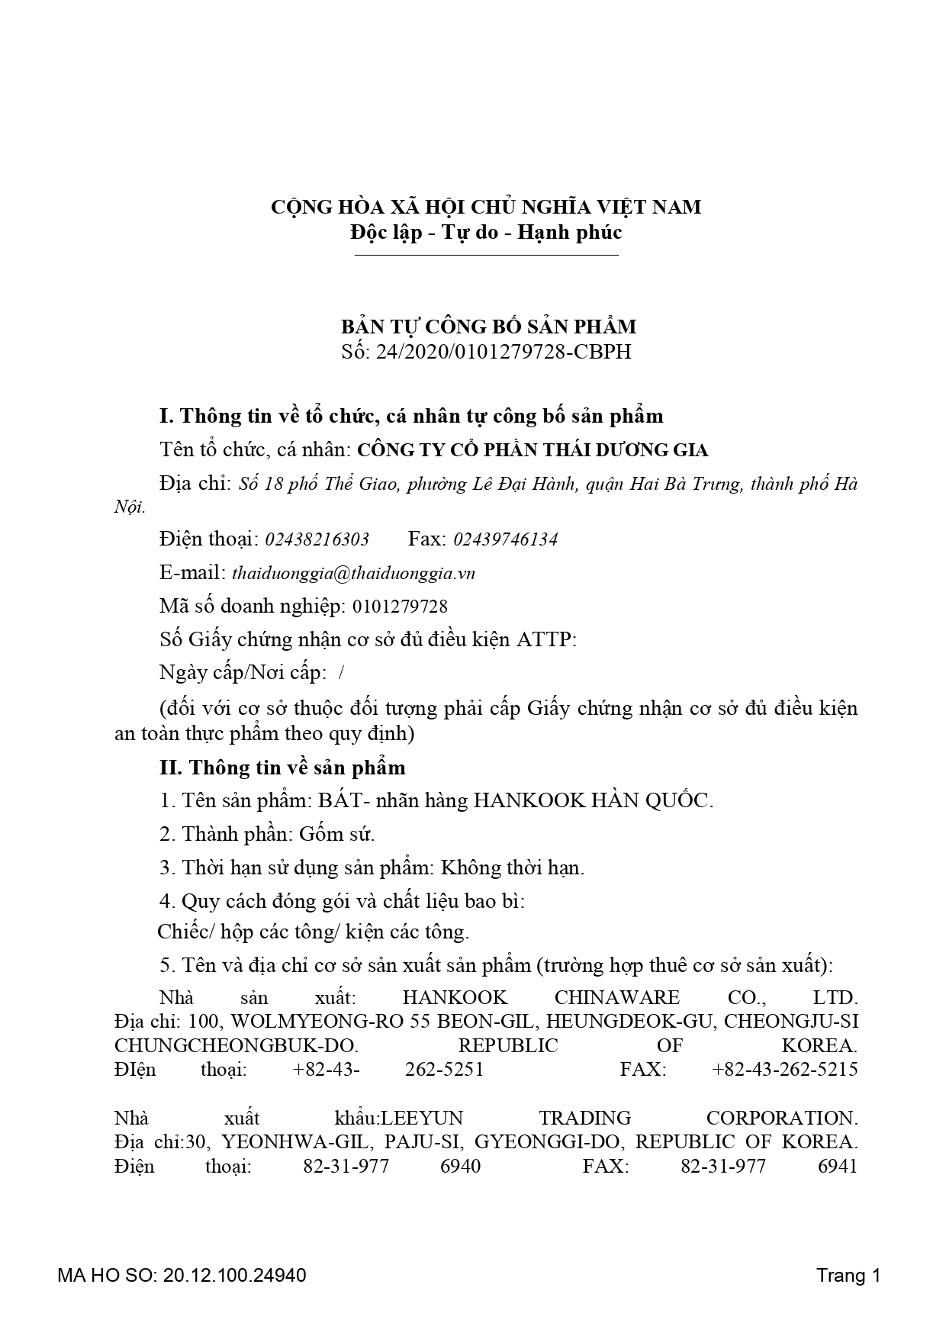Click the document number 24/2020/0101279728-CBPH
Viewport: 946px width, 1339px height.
click(504, 352)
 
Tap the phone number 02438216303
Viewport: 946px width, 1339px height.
click(317, 539)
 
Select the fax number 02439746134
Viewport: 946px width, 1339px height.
click(505, 539)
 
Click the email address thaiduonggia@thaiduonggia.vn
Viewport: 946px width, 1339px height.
click(353, 573)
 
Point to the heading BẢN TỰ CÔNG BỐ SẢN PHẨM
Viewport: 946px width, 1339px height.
click(488, 327)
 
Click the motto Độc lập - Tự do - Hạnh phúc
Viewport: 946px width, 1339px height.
click(486, 232)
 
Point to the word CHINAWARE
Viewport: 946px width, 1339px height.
click(616, 998)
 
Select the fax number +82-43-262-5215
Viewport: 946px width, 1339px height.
click(784, 1069)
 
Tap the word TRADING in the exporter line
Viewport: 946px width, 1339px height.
click(584, 1118)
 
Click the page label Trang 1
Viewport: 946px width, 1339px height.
click(848, 1275)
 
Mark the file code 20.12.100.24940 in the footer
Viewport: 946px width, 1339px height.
click(234, 1275)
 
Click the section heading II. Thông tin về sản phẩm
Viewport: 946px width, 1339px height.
click(282, 768)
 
